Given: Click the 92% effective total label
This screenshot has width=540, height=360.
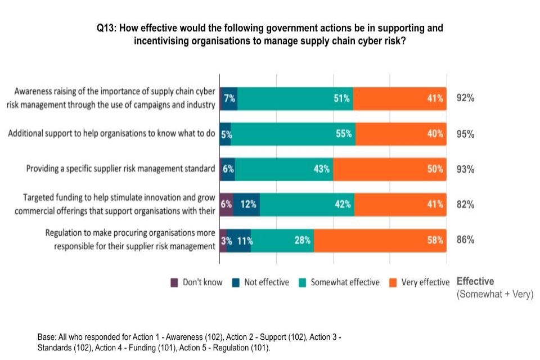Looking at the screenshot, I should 465,98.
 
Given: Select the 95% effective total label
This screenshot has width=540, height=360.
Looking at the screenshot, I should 465,134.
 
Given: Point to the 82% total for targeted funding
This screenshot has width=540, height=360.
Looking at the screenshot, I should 465,205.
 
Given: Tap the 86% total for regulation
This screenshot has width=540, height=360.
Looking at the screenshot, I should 465,240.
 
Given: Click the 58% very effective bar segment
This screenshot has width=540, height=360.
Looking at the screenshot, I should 380,240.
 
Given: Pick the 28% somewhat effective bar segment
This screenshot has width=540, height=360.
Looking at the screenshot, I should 282,240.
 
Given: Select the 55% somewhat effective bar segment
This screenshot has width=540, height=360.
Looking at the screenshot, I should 293,134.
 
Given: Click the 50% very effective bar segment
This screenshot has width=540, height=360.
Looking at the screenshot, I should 390,169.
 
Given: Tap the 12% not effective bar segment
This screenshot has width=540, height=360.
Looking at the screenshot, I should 246,205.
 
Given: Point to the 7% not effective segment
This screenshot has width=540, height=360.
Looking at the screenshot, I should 229,98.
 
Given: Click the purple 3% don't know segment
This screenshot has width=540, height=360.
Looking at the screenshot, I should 223,240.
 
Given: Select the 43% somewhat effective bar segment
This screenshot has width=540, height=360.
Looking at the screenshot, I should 284,169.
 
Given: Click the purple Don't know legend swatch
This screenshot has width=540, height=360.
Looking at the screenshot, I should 174,282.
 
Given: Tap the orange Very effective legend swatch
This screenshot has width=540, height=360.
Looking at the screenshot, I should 393,282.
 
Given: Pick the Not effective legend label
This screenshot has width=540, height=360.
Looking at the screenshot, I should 266,282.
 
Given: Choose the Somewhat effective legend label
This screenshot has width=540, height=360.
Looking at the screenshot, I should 345,282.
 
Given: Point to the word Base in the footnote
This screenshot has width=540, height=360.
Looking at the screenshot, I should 47,337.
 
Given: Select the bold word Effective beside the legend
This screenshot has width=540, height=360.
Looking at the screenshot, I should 475,281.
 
